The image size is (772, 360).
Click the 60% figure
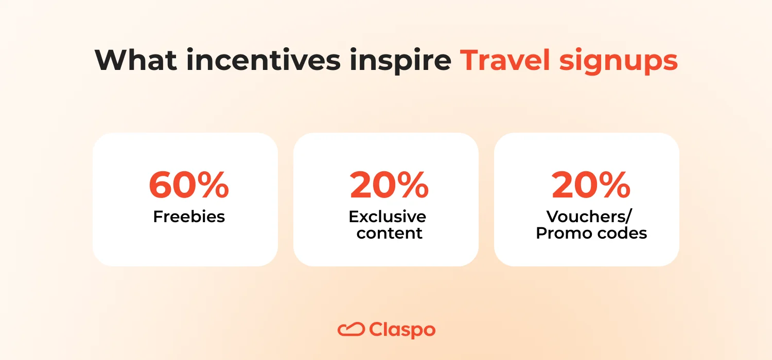coord(189,186)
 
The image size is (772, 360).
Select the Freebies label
coord(189,217)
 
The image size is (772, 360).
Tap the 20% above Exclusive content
coord(389,186)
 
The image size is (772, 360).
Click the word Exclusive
coord(387,217)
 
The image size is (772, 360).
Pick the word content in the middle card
coord(390,233)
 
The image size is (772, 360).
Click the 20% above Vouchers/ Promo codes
coord(591,186)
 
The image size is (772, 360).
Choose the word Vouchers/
coord(589,217)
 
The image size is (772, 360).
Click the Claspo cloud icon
coord(351,329)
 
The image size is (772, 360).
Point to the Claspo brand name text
coord(402,330)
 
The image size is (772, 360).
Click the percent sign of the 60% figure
coord(212,186)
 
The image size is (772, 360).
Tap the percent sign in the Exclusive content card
coord(412,186)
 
